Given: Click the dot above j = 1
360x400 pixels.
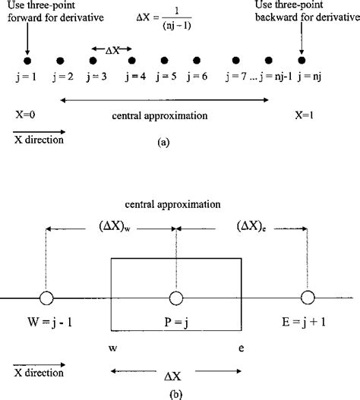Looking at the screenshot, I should pyautogui.click(x=27, y=60).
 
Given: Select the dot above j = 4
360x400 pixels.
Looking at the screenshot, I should pyautogui.click(x=132, y=60).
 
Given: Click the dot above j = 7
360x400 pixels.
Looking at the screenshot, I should pyautogui.click(x=236, y=60).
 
